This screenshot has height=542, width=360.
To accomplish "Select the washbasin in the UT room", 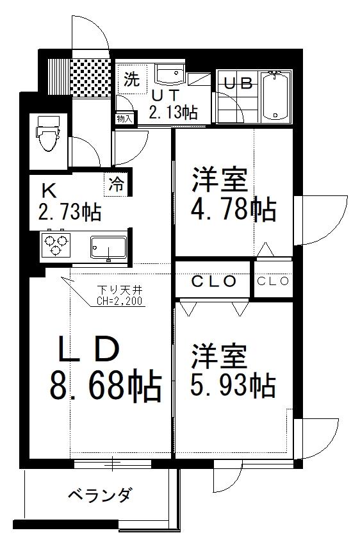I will point(170,76).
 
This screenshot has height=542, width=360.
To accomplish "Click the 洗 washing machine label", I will point(131,80).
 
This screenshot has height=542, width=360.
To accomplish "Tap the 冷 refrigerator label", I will point(117,185).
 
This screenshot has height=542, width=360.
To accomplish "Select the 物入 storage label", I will point(124,119).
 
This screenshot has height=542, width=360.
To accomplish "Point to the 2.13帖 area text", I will point(172,113).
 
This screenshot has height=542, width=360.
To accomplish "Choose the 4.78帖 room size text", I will point(235,209).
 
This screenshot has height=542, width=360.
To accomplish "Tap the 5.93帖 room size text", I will point(233,384).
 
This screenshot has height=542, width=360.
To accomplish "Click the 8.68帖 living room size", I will point(104,386).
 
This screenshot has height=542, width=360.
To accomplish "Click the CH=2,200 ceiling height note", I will point(120,299).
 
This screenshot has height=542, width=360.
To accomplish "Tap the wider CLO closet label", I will point(214,281).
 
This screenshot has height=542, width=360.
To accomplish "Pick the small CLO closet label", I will point(274,281).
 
